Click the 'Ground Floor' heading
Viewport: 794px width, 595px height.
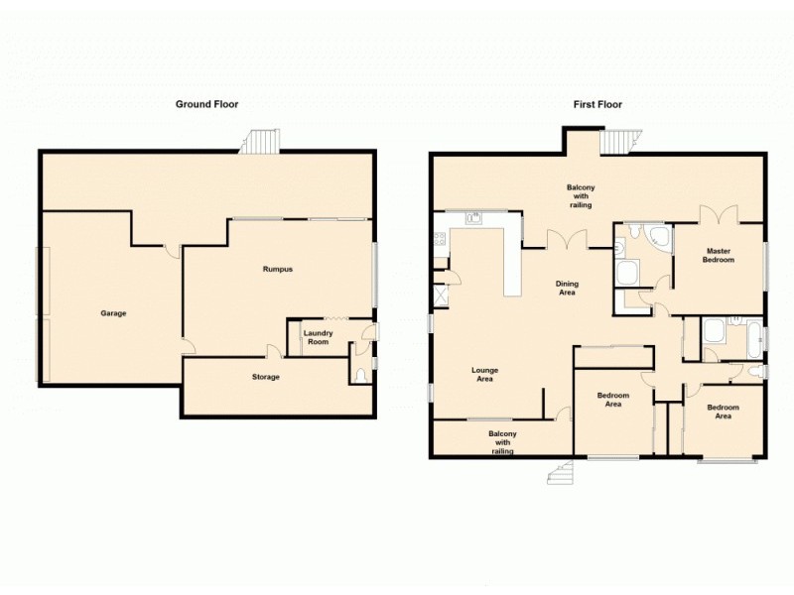coord(206,103)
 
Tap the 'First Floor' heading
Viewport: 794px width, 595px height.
coord(597,103)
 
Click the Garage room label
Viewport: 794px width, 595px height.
coord(113,313)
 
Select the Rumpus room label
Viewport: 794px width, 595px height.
coord(277,269)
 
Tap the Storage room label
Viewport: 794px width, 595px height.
coord(265,377)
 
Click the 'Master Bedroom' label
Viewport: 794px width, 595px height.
coord(720,255)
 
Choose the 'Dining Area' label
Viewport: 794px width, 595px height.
coord(567,289)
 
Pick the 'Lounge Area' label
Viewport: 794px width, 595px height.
coord(484,374)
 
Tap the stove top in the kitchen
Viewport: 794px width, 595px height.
coord(439,239)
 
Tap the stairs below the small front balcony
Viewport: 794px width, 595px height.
coord(561,473)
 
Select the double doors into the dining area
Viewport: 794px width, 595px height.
coord(569,239)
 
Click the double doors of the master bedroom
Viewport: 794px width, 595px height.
coord(718,216)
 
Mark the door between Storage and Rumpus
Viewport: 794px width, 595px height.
coord(272,351)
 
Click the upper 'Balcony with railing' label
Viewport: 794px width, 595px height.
coord(580,195)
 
